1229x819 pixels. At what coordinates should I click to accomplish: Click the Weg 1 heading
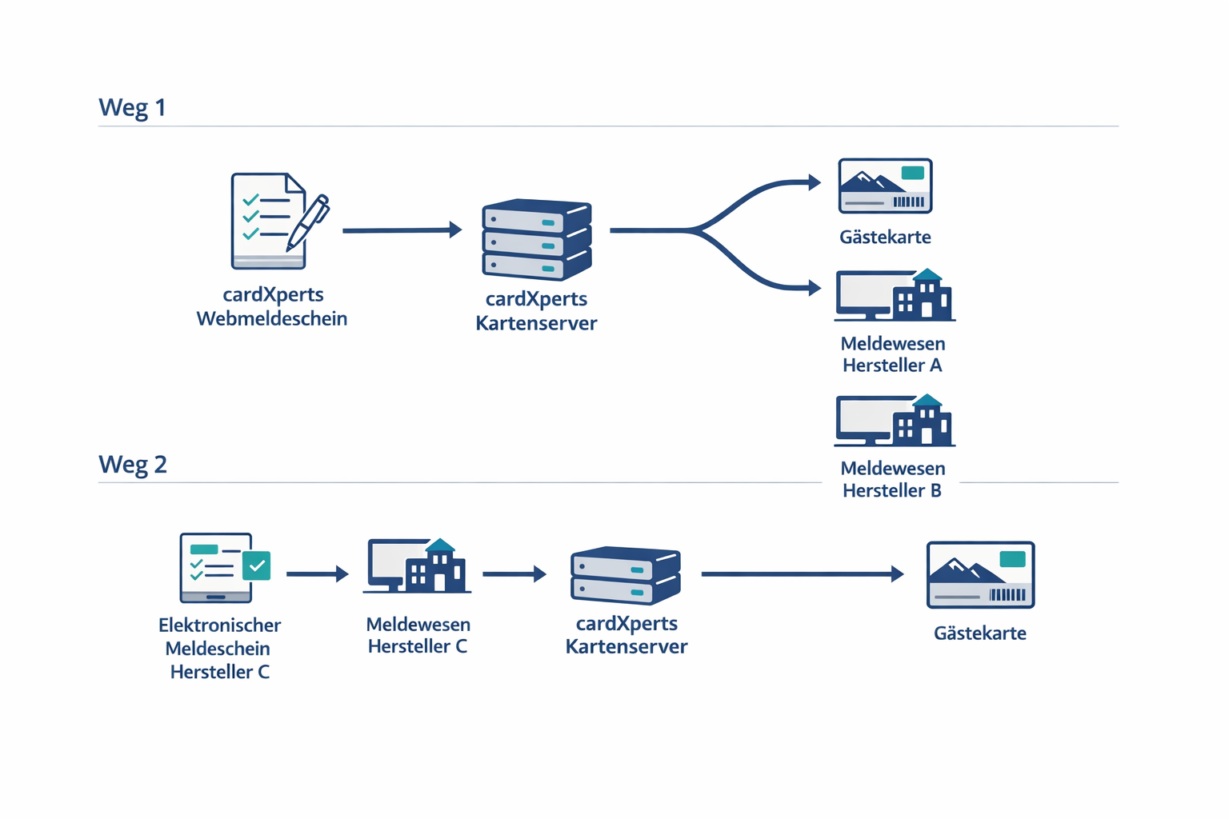(x=132, y=107)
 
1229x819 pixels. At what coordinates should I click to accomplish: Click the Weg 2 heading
(x=133, y=464)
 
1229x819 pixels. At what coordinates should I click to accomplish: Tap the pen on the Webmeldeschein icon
(x=309, y=221)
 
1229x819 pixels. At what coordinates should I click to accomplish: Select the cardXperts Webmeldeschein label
(x=272, y=306)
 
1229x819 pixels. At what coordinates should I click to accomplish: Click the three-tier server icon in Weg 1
(x=536, y=239)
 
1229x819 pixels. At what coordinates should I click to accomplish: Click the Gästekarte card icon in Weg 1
(x=885, y=186)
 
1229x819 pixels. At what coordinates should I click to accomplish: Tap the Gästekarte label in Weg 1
(x=885, y=237)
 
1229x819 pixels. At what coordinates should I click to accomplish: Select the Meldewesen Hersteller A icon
(x=895, y=295)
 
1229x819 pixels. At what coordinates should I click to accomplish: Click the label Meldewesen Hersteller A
(x=893, y=354)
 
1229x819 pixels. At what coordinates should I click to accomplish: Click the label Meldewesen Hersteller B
(x=893, y=479)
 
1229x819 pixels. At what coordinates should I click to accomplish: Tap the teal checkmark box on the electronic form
(x=257, y=565)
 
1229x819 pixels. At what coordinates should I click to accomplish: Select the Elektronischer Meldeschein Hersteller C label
(x=219, y=649)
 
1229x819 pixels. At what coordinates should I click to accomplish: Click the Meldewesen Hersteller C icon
(x=417, y=566)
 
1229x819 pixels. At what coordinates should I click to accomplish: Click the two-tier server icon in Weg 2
(x=626, y=575)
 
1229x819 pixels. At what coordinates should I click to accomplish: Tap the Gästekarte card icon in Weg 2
(x=980, y=575)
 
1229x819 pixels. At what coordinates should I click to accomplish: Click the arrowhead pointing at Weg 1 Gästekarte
(x=815, y=182)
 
